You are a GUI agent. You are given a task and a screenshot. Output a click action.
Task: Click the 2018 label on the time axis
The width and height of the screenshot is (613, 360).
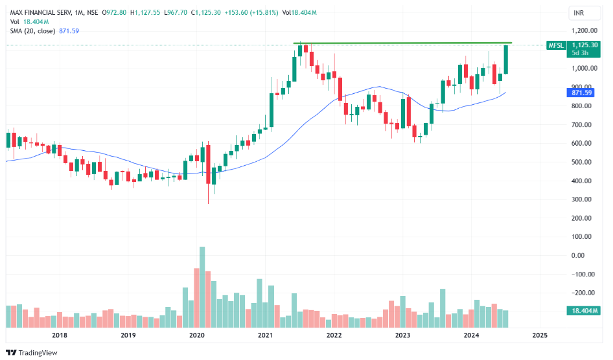coord(60,335)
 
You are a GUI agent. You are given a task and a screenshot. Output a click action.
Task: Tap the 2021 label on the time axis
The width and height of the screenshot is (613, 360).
coord(264,335)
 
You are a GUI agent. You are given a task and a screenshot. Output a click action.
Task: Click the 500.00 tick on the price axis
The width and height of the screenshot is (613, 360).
coord(581,162)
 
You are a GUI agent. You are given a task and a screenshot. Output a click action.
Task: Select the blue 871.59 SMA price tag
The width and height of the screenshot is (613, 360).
coord(579,93)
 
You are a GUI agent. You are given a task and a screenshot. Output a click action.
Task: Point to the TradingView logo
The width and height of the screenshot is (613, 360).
coord(32,352)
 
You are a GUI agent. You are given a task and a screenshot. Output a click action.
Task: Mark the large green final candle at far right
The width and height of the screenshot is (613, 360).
coord(506,59)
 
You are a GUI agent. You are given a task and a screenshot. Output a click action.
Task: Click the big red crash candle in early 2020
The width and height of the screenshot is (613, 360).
coord(208,165)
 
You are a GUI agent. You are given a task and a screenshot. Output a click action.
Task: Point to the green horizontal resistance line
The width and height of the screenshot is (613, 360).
coord(402,43)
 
